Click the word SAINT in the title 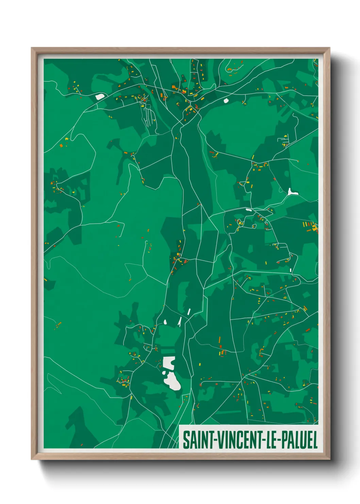(197, 440)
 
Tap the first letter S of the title (186, 440)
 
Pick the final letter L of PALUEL (315, 440)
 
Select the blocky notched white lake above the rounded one (168, 363)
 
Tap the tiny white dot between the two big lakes (164, 373)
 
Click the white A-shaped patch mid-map (179, 322)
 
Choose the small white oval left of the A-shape (165, 321)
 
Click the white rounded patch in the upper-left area (100, 97)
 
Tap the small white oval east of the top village (226, 100)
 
